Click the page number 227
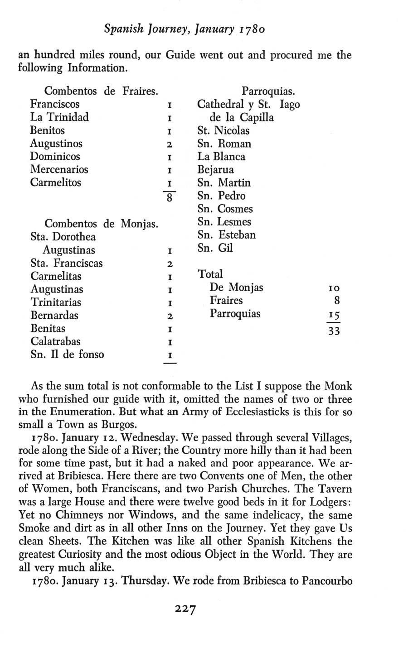185,609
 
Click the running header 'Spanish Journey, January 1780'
185,30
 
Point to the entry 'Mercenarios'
59,170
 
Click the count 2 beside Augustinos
169,144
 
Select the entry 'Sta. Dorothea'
63,237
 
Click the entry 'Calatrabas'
55,341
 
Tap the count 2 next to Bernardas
169,316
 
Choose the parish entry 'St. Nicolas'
223,131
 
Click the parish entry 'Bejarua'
215,170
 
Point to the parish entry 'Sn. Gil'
215,248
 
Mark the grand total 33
334,331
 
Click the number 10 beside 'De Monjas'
333,288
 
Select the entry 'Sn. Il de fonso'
67,355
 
